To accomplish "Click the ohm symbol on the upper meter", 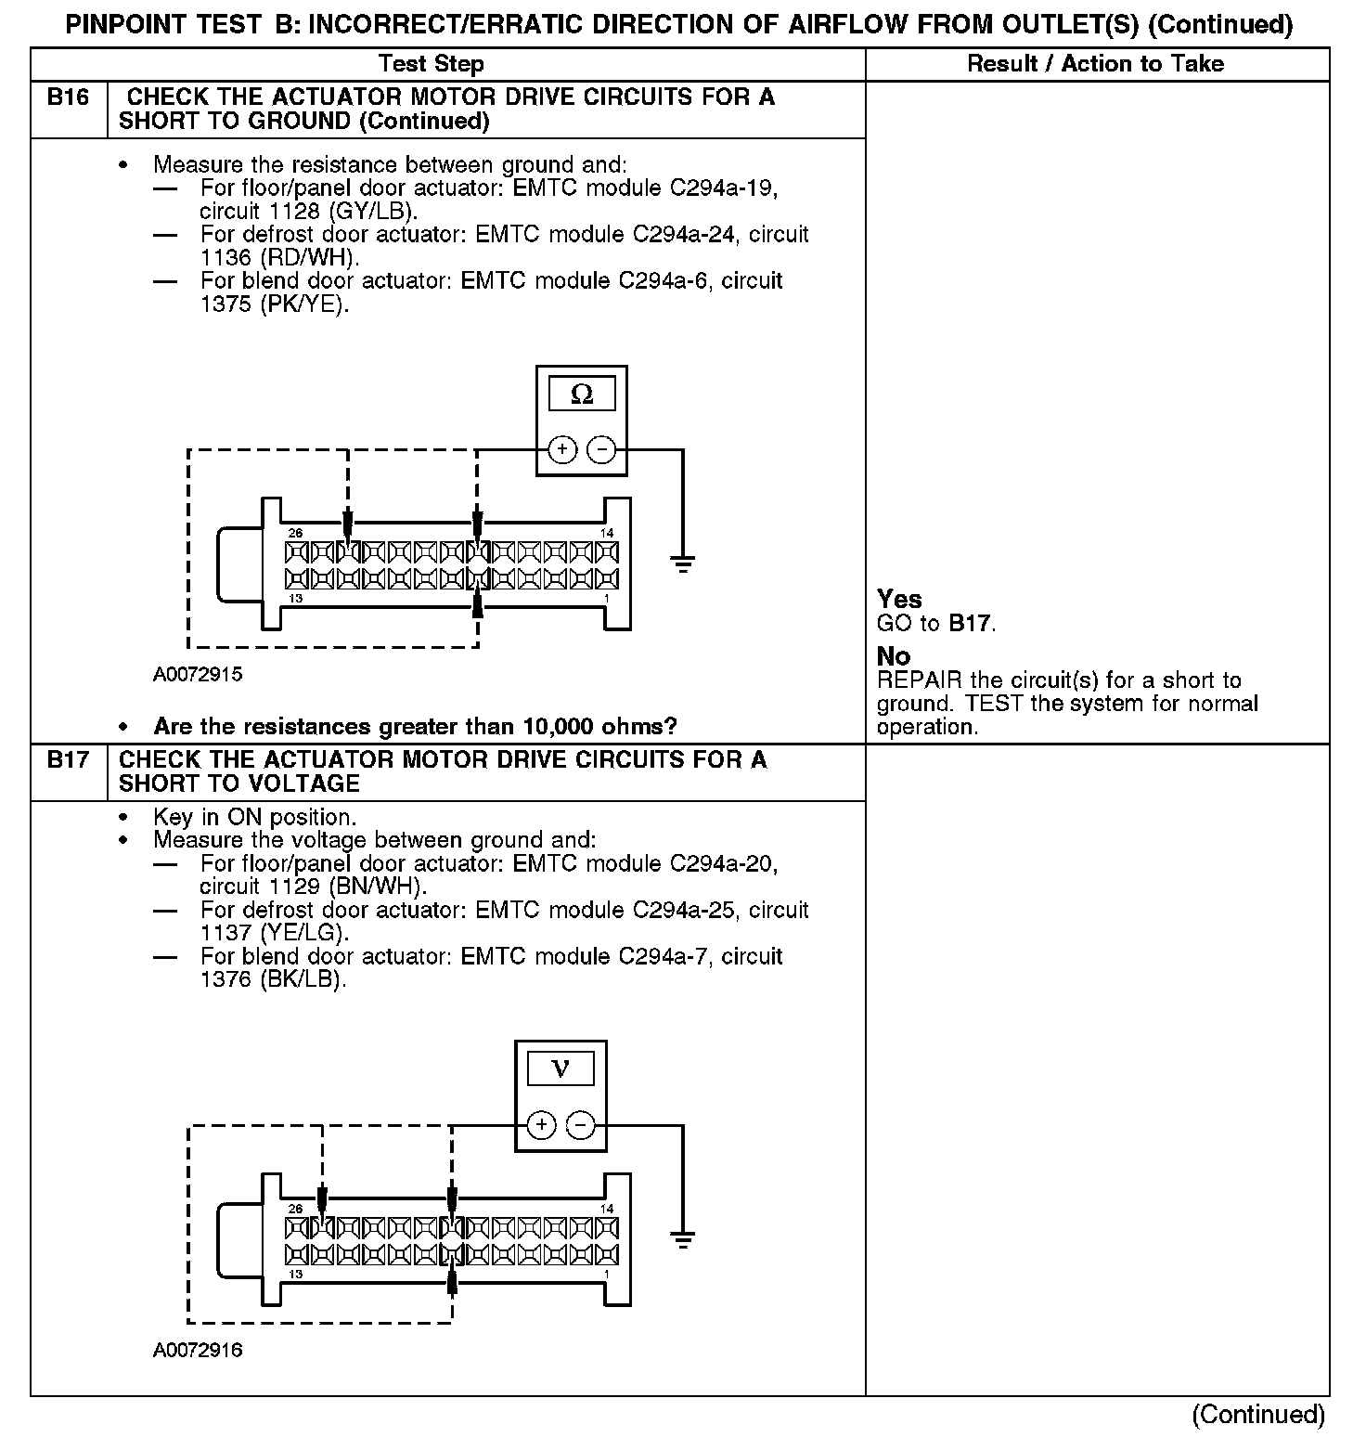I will [582, 395].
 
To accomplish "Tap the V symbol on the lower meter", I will [561, 1069].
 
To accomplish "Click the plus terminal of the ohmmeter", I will [562, 450].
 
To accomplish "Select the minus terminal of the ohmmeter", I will [602, 450].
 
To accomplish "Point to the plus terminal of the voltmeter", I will [541, 1125].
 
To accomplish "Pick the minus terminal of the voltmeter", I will [581, 1125].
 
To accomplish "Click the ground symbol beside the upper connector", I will [683, 563].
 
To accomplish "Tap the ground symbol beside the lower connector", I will [683, 1239].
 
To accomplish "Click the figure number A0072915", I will [198, 675].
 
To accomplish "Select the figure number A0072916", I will [198, 1351].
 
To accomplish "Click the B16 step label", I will [68, 97].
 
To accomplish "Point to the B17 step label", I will [68, 760].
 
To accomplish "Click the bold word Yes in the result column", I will [899, 599].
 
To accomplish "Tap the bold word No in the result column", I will [894, 656].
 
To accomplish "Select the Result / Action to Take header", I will [1095, 64].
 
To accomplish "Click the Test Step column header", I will [432, 64].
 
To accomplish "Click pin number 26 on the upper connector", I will [295, 533].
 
